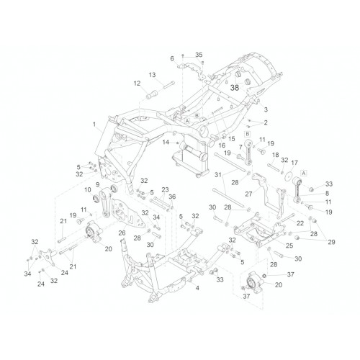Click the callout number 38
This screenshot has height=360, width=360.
(235, 88)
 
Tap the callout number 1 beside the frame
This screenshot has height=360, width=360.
(94, 125)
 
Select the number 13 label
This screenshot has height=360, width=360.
(152, 75)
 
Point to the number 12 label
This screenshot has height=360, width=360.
(137, 84)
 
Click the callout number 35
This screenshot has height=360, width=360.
(199, 55)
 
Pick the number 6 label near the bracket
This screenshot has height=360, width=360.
(172, 58)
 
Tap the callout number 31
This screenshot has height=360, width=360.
(218, 175)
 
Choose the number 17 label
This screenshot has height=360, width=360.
(294, 163)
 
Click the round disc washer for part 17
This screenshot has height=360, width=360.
(289, 174)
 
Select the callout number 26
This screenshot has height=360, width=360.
(122, 233)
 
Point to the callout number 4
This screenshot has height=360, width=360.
(197, 288)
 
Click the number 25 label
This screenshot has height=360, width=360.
(289, 246)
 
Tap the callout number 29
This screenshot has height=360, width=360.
(331, 242)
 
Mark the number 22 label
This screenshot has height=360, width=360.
(300, 223)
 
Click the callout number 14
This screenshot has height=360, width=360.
(166, 143)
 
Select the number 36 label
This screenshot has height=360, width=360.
(172, 197)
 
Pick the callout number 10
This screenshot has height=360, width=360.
(88, 190)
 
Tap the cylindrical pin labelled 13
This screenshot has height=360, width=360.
(169, 85)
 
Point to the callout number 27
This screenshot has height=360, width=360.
(248, 194)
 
